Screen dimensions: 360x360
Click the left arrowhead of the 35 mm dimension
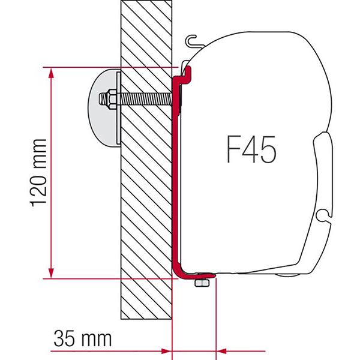[166, 349]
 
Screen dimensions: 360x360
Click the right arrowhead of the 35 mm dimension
[222, 349]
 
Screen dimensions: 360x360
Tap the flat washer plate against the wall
[118, 108]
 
